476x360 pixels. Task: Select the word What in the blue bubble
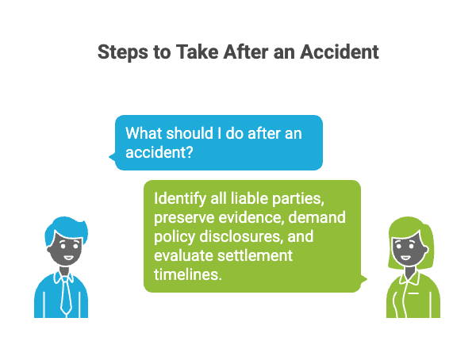[x=145, y=132]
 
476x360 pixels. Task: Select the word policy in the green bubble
[x=173, y=236]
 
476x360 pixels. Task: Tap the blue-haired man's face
[x=61, y=252]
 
